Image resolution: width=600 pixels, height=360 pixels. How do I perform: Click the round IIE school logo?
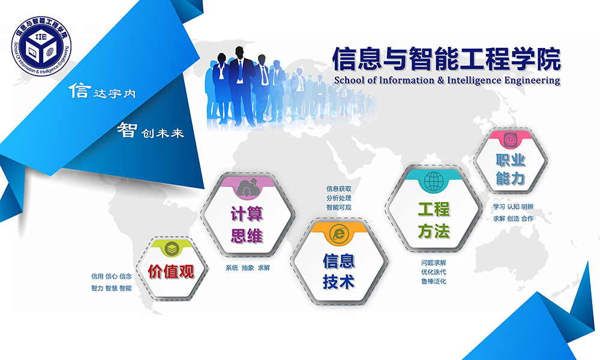point(41,46)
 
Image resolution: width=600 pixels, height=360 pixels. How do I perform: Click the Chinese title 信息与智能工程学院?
point(446,59)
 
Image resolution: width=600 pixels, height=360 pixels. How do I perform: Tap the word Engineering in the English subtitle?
point(532,81)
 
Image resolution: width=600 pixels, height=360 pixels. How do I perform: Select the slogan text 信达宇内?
point(102,91)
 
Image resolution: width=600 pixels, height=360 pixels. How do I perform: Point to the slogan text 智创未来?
point(151,130)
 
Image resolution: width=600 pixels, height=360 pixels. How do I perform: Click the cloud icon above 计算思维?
point(247,187)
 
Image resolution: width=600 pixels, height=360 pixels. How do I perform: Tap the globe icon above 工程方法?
point(433,181)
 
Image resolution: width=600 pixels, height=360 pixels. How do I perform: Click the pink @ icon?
point(510,140)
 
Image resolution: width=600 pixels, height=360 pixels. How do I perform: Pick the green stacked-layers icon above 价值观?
point(172,249)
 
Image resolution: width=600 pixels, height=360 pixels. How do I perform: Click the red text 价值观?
point(171,272)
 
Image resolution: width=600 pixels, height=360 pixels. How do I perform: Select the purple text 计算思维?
point(247,224)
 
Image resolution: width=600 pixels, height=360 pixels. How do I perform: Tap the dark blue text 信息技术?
point(338,271)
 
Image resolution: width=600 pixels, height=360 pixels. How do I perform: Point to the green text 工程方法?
point(434,220)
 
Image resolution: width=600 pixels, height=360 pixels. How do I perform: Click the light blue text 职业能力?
point(511,169)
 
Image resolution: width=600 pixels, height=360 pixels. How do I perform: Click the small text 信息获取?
point(338,188)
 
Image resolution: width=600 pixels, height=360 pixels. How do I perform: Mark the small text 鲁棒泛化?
point(434,281)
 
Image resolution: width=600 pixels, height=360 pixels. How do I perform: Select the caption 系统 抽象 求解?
point(248,268)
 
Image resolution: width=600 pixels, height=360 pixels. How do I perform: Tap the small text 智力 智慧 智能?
point(112,288)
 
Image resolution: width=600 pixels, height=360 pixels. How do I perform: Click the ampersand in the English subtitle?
point(440,80)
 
